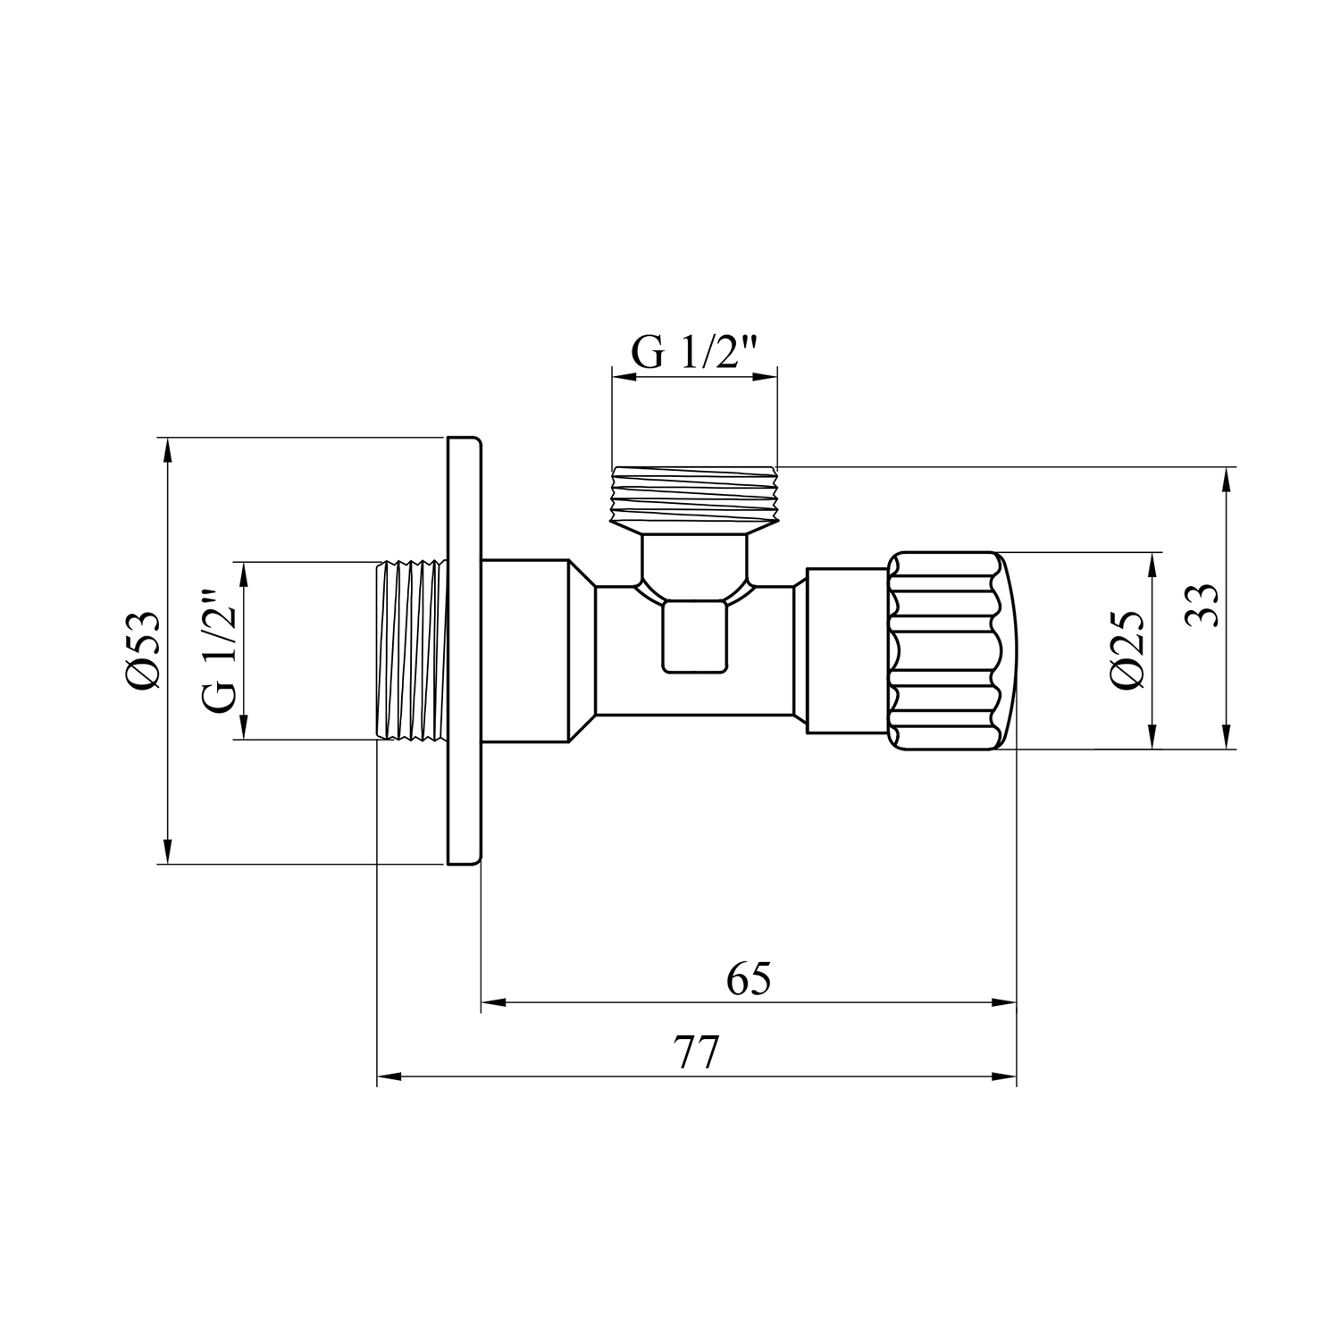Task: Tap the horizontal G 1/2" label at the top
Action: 694,353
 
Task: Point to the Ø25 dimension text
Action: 1127,650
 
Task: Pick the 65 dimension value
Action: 749,980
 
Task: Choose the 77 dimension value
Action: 696,1055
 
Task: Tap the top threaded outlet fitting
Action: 694,497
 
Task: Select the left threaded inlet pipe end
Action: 411,650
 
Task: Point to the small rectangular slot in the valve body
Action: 694,636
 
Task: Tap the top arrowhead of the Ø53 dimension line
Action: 166,447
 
